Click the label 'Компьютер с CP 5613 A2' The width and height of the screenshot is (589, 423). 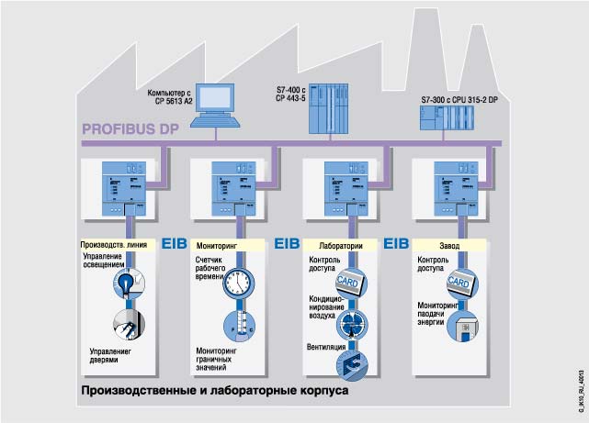point(169,96)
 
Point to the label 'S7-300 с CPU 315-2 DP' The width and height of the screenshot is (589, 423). point(459,99)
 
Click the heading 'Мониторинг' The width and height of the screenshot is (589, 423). point(217,247)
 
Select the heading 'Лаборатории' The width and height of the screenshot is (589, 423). point(342,247)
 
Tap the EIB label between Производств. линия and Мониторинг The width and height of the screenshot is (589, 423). point(174,246)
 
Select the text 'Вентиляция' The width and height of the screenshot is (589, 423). point(326,349)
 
